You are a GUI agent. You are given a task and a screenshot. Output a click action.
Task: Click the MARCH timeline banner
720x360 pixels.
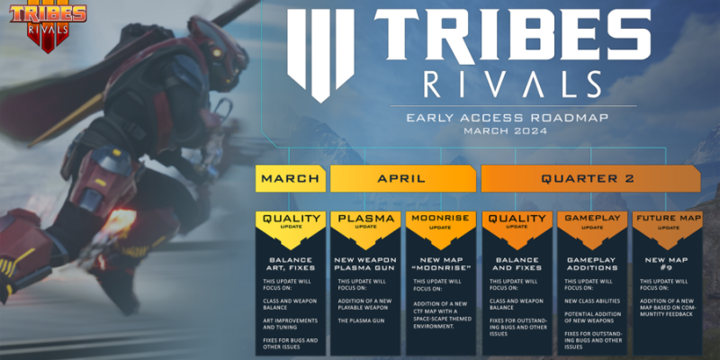290,178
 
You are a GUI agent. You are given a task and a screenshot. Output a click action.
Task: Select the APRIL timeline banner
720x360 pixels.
401,178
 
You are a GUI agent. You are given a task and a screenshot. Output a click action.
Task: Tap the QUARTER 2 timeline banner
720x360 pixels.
589,178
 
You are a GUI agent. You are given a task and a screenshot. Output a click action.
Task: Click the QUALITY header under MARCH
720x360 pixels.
290,220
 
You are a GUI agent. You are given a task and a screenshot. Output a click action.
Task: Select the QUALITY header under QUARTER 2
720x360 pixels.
517,220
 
